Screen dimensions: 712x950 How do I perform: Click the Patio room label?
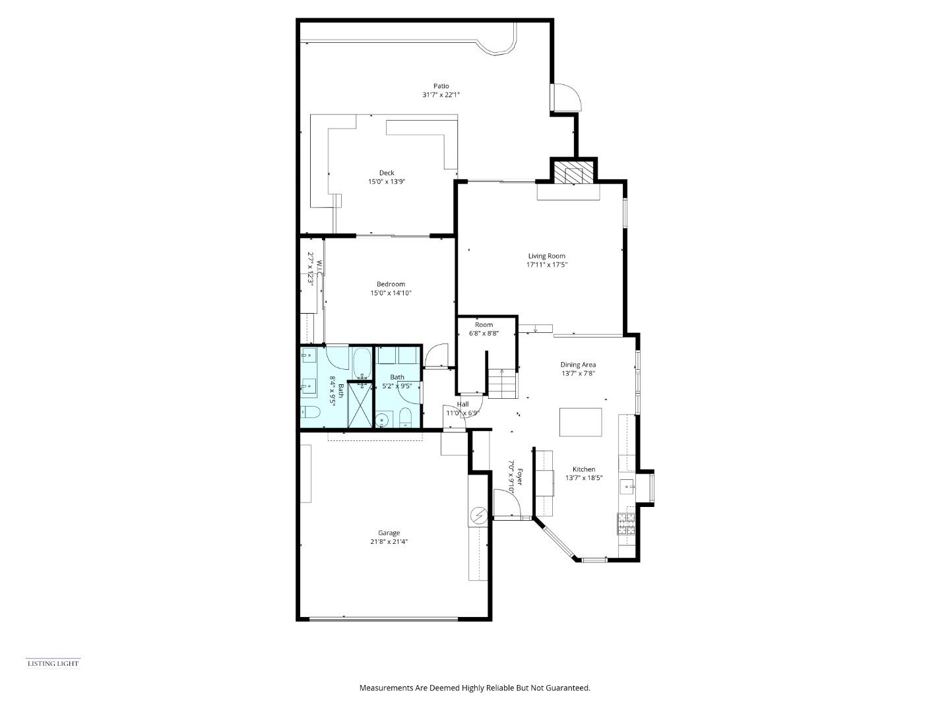tap(441, 86)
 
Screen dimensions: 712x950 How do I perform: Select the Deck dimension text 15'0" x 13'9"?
tap(386, 181)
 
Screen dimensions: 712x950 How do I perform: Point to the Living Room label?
tap(546, 256)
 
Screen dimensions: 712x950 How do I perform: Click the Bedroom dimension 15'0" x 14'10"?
tap(391, 293)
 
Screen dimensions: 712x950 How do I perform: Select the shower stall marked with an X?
tap(360, 405)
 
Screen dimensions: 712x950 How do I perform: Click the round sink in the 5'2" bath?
tap(381, 419)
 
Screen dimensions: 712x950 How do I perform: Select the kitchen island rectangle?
tap(581, 422)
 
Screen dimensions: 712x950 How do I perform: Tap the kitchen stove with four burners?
tap(626, 523)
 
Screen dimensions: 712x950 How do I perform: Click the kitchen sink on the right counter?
tap(626, 487)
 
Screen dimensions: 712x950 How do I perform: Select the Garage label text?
tap(389, 533)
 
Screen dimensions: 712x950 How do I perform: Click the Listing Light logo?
tap(53, 663)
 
